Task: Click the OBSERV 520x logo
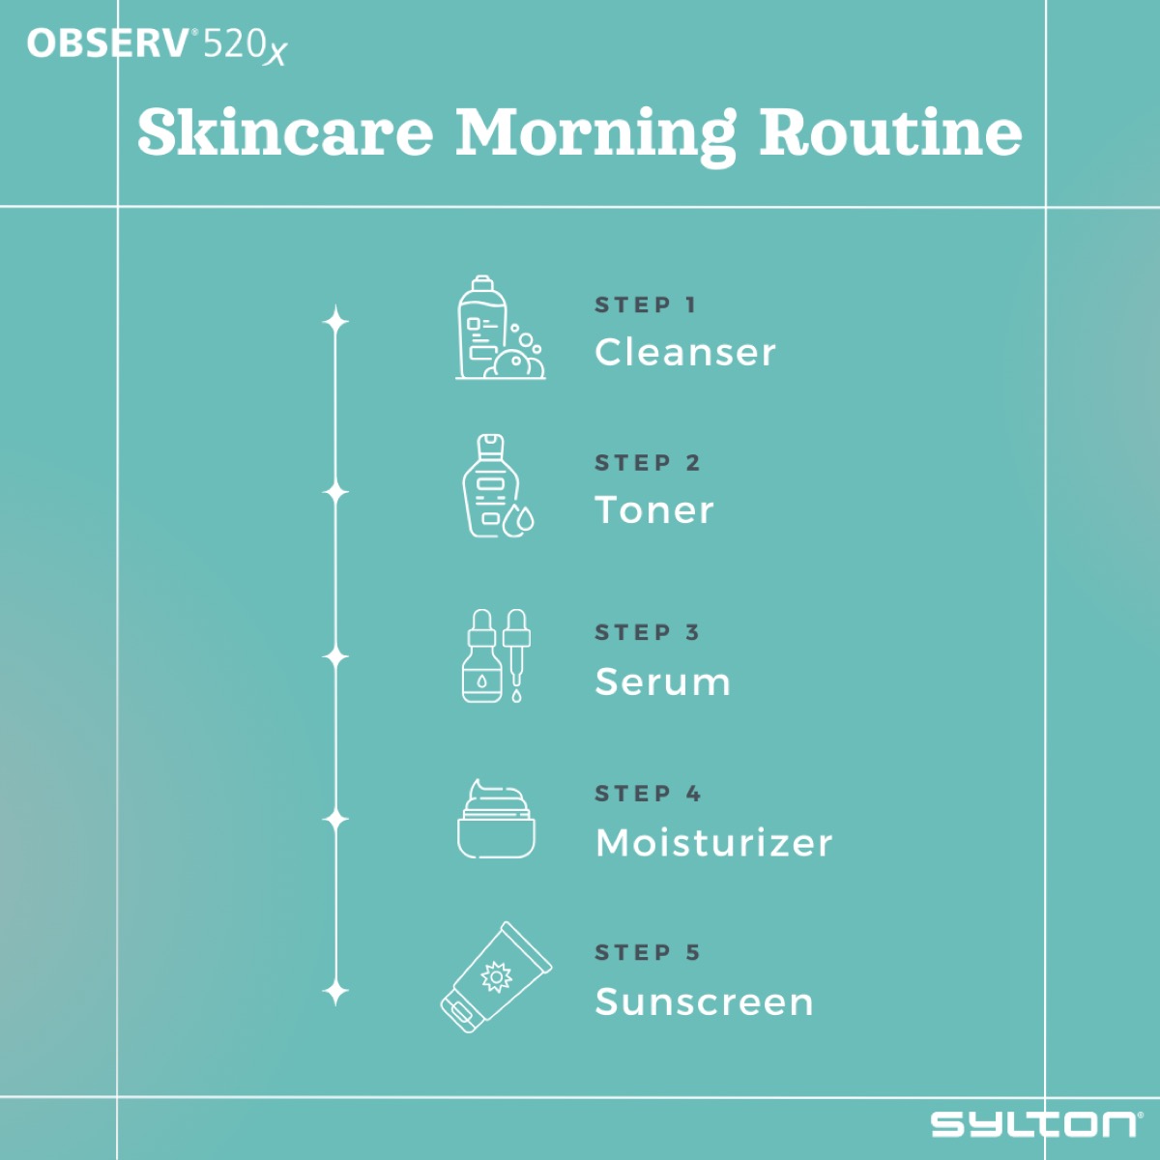[x=157, y=44]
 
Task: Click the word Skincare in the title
[x=285, y=132]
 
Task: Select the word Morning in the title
[x=595, y=132]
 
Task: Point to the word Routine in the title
[x=890, y=132]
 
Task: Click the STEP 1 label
[x=645, y=305]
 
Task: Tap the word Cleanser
[x=685, y=353]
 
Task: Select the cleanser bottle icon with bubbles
[x=499, y=328]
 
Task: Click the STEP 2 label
[x=647, y=463]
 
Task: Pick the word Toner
[x=654, y=510]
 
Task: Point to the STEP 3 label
[x=647, y=633]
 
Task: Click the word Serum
[x=662, y=682]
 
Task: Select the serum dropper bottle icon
[x=496, y=655]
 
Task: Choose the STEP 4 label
[x=647, y=794]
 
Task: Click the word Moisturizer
[x=713, y=843]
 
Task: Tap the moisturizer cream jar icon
[x=496, y=819]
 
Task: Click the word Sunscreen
[x=704, y=1002]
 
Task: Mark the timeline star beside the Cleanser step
[x=335, y=321]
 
